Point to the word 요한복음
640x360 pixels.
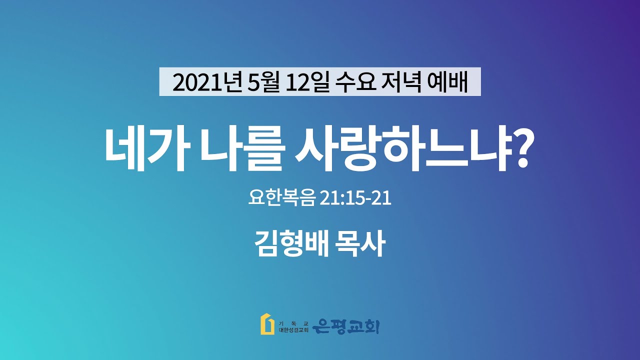[282, 197]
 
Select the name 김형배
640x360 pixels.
[291, 244]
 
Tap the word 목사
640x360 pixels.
[360, 244]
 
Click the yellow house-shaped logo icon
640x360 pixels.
[267, 324]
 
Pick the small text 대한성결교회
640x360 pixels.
[293, 330]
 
